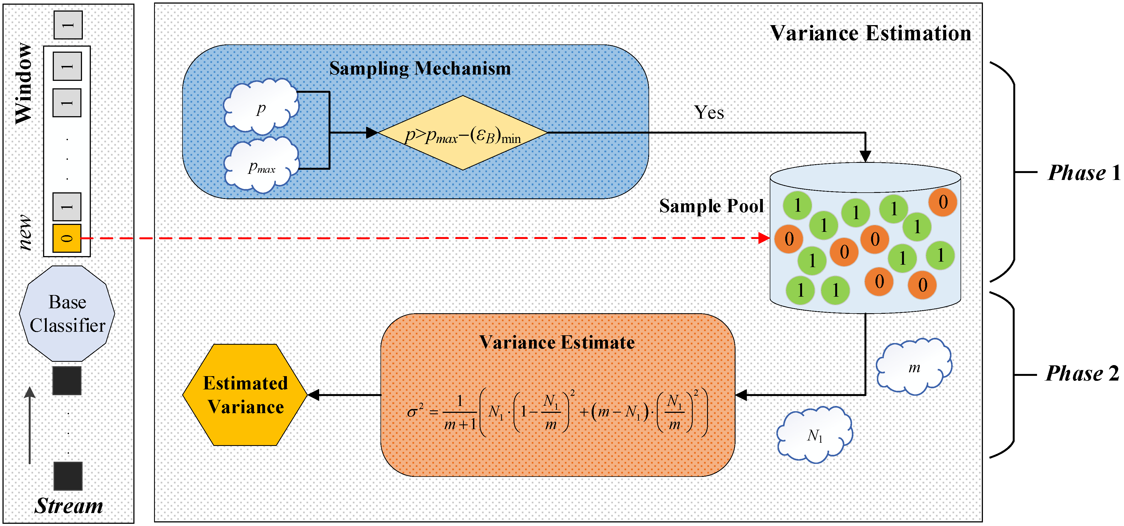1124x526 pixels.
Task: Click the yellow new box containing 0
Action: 67,238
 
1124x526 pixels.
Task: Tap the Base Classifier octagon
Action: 67,314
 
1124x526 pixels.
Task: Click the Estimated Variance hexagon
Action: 245,395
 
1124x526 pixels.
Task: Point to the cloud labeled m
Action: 914,367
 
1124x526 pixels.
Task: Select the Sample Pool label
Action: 711,206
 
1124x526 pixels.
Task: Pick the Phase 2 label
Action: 1082,373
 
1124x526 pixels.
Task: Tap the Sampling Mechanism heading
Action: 420,68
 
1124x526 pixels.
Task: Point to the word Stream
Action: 69,506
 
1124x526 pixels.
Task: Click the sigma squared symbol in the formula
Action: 414,411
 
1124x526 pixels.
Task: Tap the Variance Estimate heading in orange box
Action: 557,342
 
